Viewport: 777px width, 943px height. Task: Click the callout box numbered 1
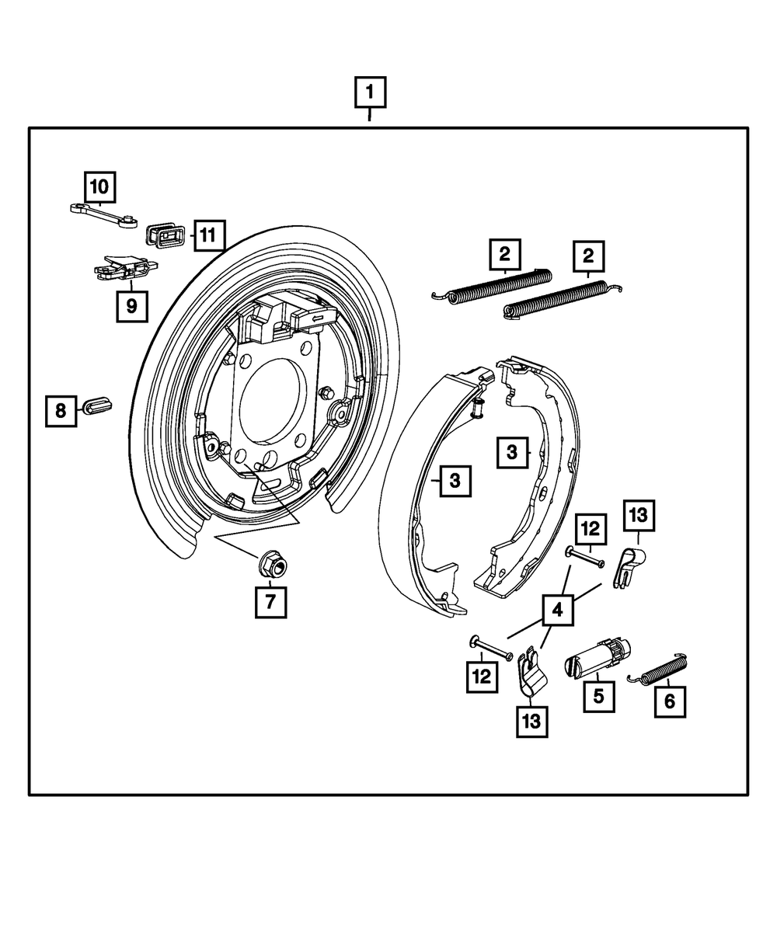[370, 93]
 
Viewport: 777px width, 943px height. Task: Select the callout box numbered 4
[557, 611]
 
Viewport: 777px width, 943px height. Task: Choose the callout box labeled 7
[270, 600]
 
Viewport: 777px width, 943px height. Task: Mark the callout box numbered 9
[131, 305]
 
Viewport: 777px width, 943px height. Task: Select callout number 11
[206, 235]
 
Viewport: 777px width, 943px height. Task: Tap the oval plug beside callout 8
[99, 405]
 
